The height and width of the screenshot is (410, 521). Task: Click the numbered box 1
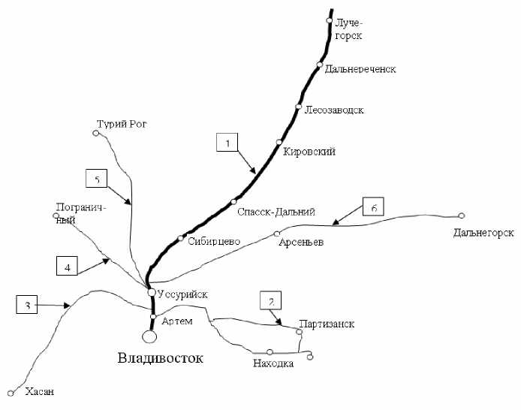pyautogui.click(x=227, y=143)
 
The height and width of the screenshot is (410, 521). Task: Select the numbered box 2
pyautogui.click(x=270, y=300)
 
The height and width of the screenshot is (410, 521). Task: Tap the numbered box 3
pyautogui.click(x=27, y=306)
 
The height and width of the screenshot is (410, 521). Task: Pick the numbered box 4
pyautogui.click(x=67, y=266)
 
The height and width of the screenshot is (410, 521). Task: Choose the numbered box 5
pyautogui.click(x=96, y=179)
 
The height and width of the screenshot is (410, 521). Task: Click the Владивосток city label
pyautogui.click(x=161, y=358)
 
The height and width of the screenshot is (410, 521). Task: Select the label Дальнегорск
pyautogui.click(x=483, y=234)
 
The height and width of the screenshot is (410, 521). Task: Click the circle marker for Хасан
pyautogui.click(x=11, y=392)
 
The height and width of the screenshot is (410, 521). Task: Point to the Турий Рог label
pyautogui.click(x=123, y=124)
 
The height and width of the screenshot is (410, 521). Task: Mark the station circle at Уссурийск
pyautogui.click(x=151, y=292)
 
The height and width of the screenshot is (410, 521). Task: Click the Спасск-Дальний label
pyautogui.click(x=275, y=212)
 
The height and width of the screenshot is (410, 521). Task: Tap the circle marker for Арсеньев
pyautogui.click(x=277, y=233)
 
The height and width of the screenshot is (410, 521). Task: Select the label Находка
pyautogui.click(x=273, y=364)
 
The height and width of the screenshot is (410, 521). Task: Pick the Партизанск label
pyautogui.click(x=326, y=324)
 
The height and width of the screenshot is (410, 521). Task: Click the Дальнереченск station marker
pyautogui.click(x=319, y=65)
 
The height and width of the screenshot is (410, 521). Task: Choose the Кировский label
pyautogui.click(x=309, y=152)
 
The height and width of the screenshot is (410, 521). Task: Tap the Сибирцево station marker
pyautogui.click(x=180, y=239)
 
